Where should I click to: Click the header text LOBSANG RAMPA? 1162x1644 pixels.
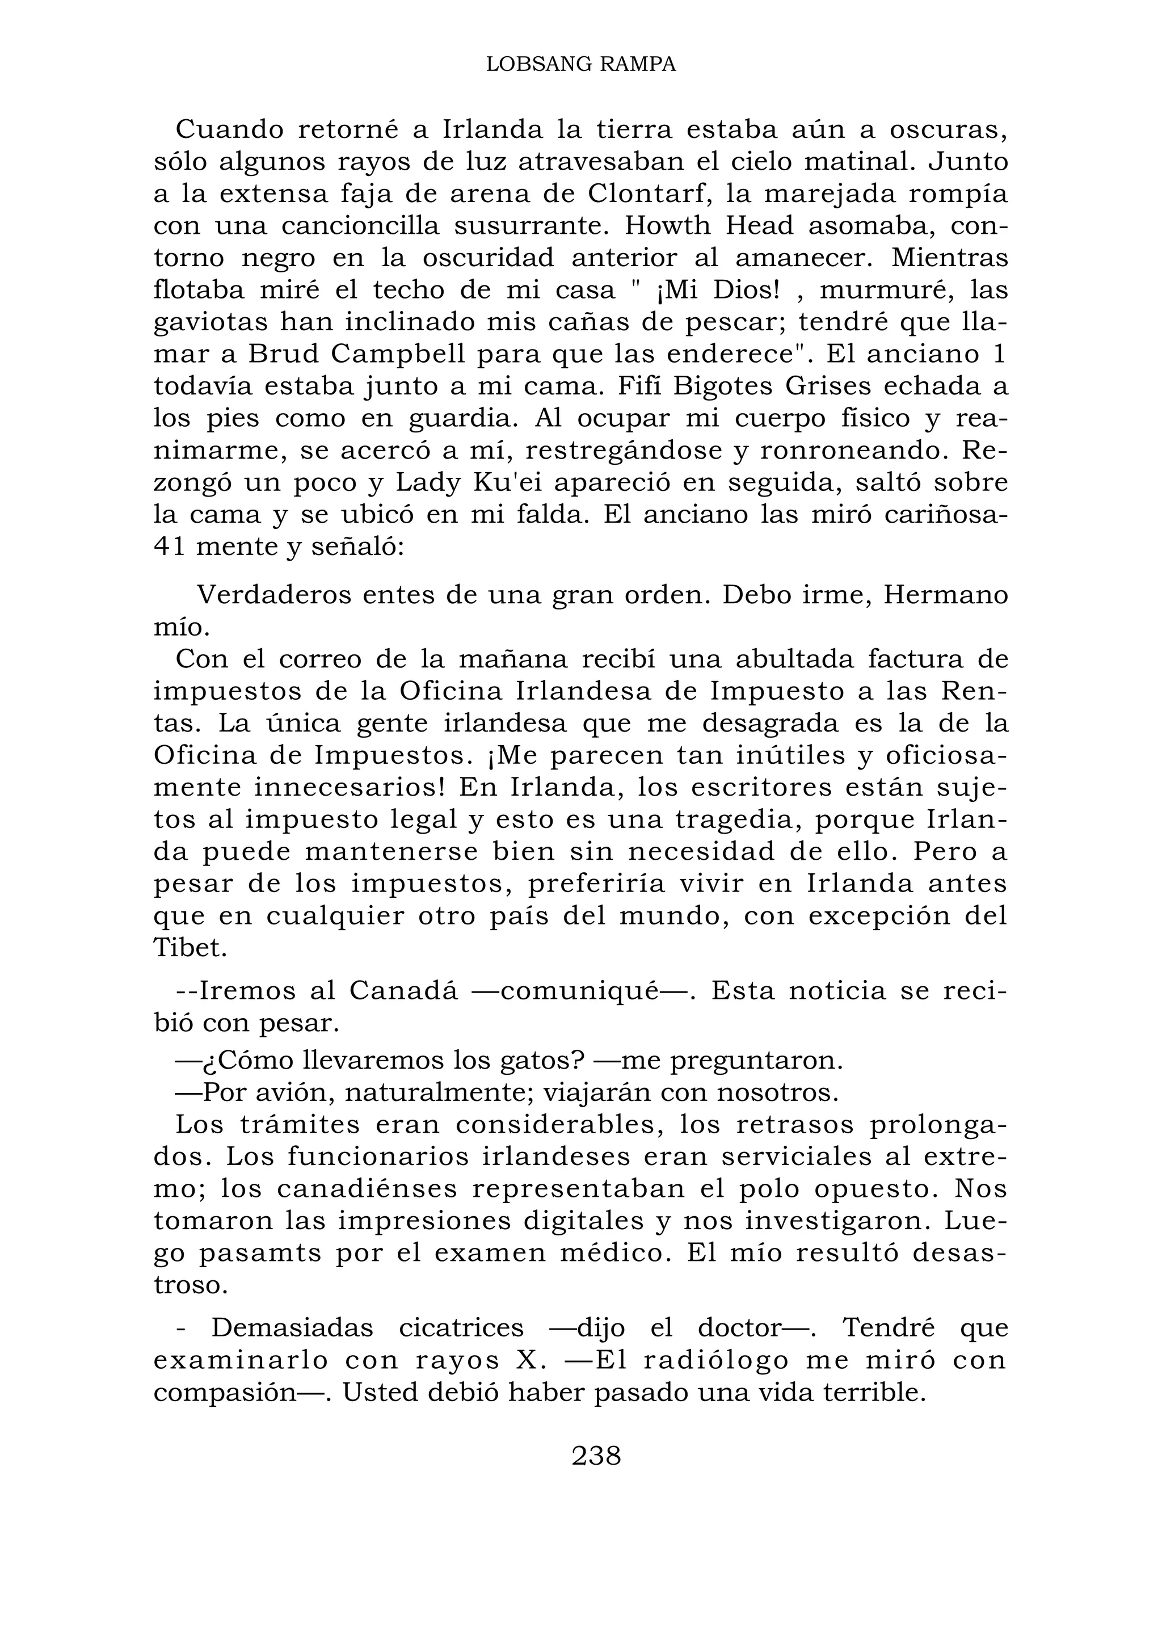[580, 65]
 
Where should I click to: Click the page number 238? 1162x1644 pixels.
[596, 1456]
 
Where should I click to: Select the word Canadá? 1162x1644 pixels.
[402, 991]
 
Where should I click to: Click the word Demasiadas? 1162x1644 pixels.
[292, 1328]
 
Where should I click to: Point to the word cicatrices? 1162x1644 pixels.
[461, 1328]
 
